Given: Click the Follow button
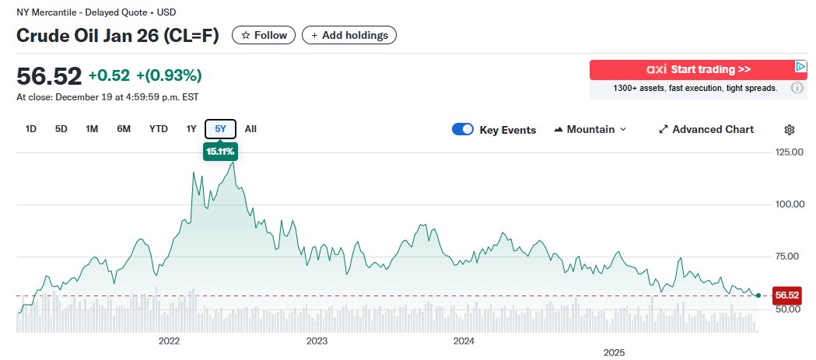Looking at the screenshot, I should click(x=264, y=35).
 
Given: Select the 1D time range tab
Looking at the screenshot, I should click(x=31, y=129).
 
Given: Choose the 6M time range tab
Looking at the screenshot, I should click(x=123, y=129).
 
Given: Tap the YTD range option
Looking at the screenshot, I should click(x=159, y=129).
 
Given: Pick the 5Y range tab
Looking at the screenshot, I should click(x=220, y=129).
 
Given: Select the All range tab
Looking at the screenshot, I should click(x=250, y=129).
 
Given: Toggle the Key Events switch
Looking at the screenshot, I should click(x=463, y=130).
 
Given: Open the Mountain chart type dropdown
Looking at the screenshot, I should click(x=590, y=129).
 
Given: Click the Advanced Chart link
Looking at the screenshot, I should click(x=706, y=129).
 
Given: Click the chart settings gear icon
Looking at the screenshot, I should click(x=790, y=130).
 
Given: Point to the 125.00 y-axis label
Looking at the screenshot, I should click(x=788, y=152).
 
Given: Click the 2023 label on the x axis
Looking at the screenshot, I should click(x=317, y=341).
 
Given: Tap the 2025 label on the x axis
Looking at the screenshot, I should click(x=615, y=353).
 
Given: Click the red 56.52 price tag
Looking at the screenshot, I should click(x=786, y=295).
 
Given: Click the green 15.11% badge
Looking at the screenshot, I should click(x=220, y=152).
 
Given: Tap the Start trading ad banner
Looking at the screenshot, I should click(x=692, y=70).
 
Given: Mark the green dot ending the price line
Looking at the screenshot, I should click(x=758, y=295).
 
